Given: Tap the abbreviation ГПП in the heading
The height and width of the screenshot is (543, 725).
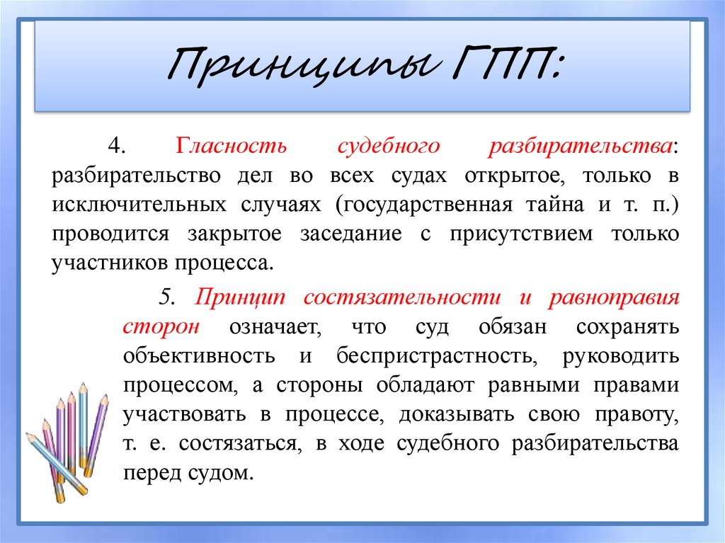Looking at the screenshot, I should tap(496, 67).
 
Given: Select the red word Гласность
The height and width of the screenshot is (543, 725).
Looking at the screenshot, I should tap(232, 147).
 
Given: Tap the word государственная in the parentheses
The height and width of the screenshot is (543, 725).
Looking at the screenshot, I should tap(423, 205).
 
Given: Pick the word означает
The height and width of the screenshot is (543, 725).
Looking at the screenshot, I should tap(273, 327).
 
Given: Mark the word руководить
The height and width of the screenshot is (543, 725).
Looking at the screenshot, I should tap(621, 356).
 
